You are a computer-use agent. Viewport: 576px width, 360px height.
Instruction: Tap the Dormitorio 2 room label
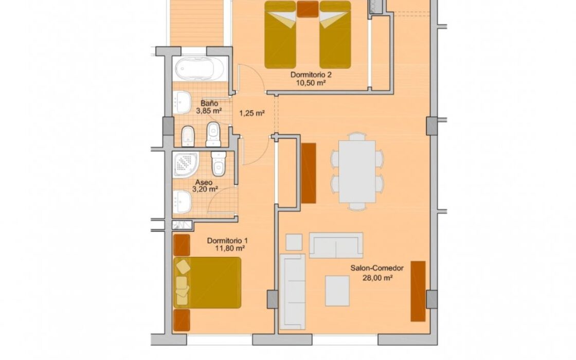[311, 75]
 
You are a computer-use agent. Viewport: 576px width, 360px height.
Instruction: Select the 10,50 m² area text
[311, 83]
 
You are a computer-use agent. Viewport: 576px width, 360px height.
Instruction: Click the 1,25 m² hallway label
[252, 113]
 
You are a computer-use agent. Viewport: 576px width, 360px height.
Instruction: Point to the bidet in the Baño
[188, 136]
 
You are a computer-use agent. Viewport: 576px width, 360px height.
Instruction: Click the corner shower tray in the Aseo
[186, 164]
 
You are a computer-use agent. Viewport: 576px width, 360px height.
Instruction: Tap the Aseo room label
[204, 182]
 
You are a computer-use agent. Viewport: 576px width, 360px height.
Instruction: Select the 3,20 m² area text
[205, 190]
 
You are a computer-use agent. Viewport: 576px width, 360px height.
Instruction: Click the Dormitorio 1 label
[227, 241]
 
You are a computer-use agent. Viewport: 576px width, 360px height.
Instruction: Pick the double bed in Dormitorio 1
[207, 282]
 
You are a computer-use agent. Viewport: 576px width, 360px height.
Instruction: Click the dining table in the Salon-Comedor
[357, 172]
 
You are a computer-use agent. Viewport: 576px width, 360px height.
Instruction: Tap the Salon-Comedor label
[377, 268]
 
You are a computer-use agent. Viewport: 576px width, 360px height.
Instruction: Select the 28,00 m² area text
[377, 278]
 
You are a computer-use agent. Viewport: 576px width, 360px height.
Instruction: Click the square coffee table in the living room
[337, 291]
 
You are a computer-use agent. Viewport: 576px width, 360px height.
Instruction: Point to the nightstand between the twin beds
[308, 9]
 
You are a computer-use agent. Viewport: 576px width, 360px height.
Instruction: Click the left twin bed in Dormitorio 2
[280, 34]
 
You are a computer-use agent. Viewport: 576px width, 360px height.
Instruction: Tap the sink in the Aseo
[182, 202]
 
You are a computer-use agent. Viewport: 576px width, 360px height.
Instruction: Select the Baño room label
[209, 103]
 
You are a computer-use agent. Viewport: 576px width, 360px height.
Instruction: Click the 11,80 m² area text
[230, 248]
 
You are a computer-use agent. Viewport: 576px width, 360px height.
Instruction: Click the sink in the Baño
[182, 102]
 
